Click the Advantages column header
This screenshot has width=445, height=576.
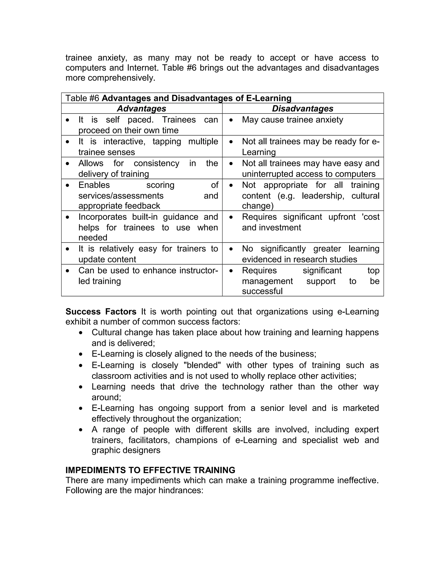[142, 108]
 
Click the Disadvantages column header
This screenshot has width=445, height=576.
[303, 108]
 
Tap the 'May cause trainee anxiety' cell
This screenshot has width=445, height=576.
[292, 120]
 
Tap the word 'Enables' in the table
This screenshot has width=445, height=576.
[94, 185]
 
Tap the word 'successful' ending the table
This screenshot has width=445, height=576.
[262, 291]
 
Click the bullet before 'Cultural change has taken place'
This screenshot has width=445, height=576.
[81, 333]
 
